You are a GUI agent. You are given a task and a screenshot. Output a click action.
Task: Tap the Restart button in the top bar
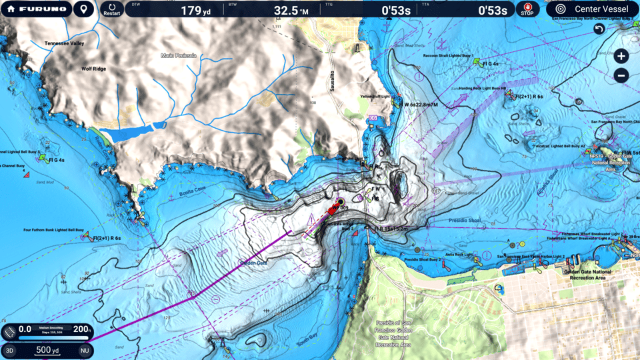[112, 9]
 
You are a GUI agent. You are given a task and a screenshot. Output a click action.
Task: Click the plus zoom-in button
[621, 56]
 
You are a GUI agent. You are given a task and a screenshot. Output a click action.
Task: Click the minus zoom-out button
[621, 75]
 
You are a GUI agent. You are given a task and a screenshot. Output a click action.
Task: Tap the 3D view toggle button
[10, 350]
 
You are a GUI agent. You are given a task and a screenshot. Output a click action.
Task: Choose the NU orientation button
[85, 350]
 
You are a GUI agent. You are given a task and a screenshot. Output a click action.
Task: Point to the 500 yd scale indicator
[47, 350]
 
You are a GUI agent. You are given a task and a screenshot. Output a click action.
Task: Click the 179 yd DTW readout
[191, 11]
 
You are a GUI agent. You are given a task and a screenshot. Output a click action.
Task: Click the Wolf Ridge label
[93, 68]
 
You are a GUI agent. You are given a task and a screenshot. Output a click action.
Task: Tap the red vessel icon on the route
[331, 210]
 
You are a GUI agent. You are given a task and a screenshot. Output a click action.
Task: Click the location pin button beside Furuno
[83, 9]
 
